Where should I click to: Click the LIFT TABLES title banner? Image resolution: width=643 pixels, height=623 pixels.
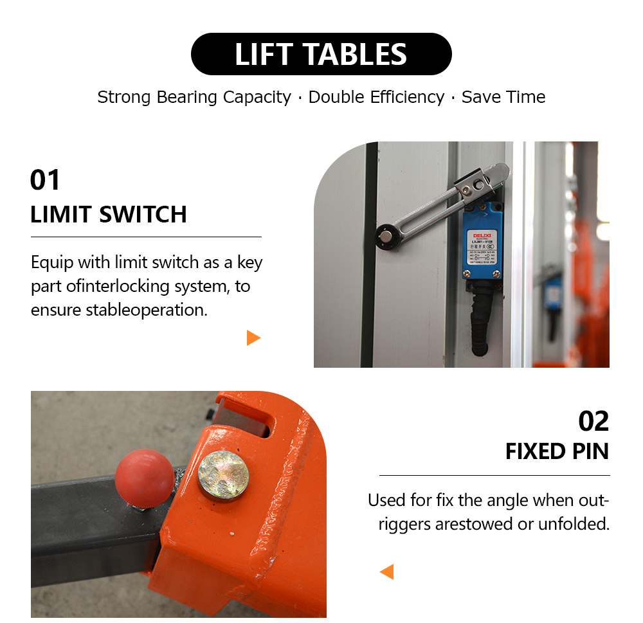pyautogui.click(x=321, y=54)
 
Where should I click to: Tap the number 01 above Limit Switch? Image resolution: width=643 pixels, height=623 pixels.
pyautogui.click(x=45, y=180)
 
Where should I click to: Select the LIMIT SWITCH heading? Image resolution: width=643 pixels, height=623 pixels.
pyautogui.click(x=109, y=214)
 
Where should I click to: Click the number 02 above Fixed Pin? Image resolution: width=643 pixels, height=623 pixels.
pyautogui.click(x=593, y=421)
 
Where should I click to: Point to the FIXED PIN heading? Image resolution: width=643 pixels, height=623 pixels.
pyautogui.click(x=557, y=451)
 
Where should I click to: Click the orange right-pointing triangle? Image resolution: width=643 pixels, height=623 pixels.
pyautogui.click(x=253, y=338)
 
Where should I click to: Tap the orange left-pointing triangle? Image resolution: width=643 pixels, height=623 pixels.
pyautogui.click(x=387, y=572)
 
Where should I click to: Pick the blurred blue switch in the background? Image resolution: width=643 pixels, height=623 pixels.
pyautogui.click(x=552, y=293)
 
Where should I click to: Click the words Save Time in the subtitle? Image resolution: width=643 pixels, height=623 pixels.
pyautogui.click(x=503, y=97)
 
